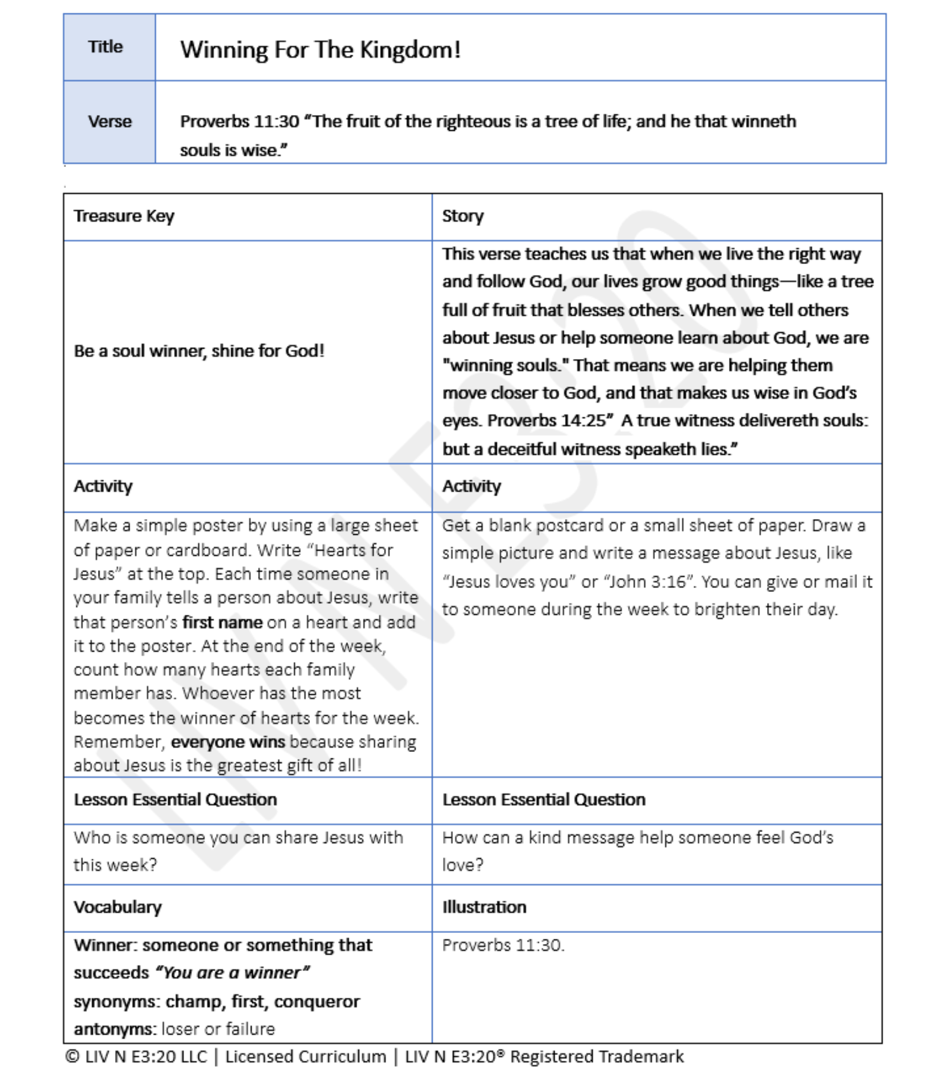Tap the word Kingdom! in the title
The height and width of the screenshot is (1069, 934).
410,50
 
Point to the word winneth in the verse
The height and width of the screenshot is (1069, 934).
764,121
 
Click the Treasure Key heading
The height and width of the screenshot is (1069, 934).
124,216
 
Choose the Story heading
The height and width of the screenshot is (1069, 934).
462,216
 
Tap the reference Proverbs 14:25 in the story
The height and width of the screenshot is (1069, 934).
547,420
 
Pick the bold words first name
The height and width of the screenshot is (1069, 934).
222,622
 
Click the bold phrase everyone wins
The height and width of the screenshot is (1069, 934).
228,742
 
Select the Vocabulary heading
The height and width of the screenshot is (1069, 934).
117,907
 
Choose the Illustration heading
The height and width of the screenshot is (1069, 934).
484,907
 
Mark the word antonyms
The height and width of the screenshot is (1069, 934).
114,1029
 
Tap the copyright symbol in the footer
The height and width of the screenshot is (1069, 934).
72,1057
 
